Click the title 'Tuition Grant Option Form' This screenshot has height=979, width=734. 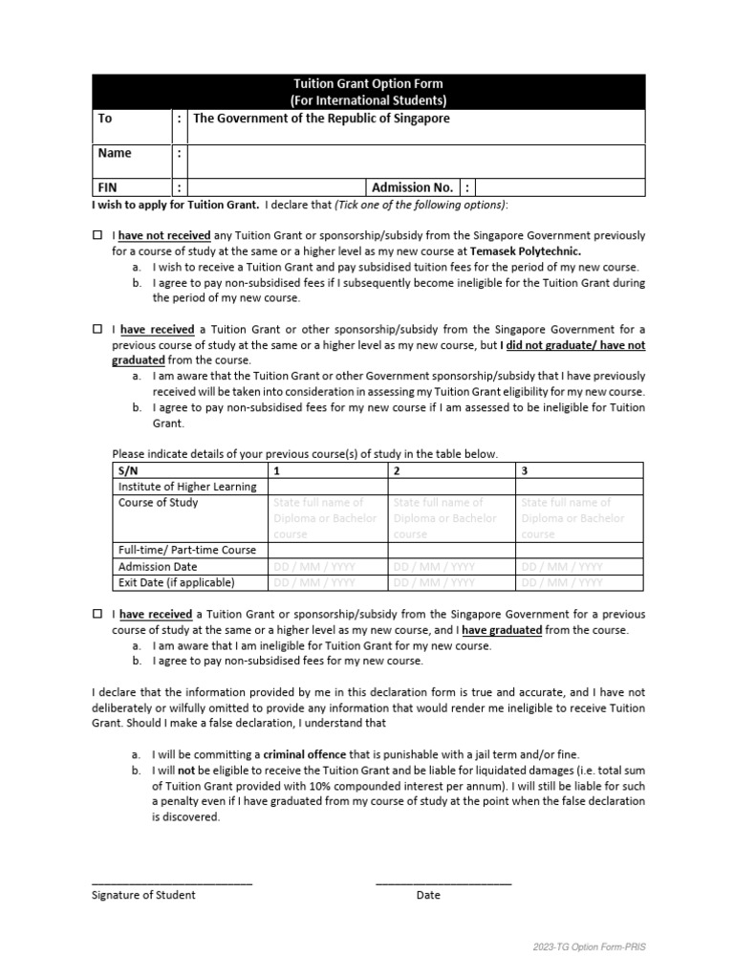368,84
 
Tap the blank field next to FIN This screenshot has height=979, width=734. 275,187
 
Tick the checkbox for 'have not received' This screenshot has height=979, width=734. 97,235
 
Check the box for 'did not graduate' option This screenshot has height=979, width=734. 97,329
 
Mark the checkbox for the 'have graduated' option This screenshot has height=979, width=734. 97,615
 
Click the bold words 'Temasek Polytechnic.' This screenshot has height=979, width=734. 526,251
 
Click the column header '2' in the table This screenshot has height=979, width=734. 397,470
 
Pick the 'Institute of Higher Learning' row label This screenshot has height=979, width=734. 187,487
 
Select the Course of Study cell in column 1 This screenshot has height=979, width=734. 327,518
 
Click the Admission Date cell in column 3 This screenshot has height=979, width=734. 580,566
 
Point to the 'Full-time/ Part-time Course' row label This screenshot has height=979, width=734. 187,551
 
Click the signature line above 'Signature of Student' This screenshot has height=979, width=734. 172,881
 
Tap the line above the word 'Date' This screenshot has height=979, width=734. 443,881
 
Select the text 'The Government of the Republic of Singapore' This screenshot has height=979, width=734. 321,119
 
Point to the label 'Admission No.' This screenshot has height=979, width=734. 412,187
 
